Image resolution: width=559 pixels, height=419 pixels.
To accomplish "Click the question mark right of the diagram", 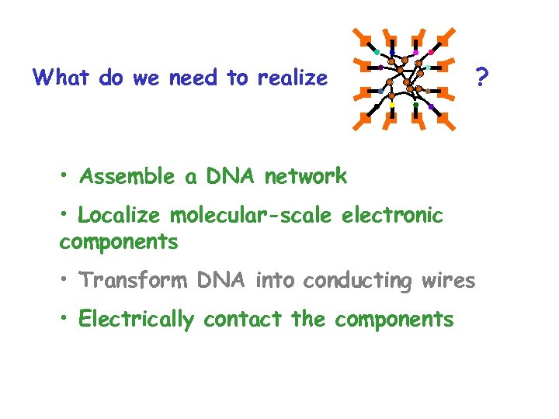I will (x=482, y=77).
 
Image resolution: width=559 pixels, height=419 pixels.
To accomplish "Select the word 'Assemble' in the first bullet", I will (x=127, y=177).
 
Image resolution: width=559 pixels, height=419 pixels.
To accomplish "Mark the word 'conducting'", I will (x=357, y=280).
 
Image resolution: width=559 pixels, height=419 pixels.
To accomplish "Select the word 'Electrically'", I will (x=136, y=319).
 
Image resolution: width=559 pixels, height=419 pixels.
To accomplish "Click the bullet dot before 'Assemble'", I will (x=65, y=175).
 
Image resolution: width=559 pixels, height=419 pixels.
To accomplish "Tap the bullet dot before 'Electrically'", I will (x=65, y=317).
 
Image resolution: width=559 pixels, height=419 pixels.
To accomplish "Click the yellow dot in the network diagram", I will (x=392, y=104).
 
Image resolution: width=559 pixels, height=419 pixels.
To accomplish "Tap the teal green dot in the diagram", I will (x=376, y=53).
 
